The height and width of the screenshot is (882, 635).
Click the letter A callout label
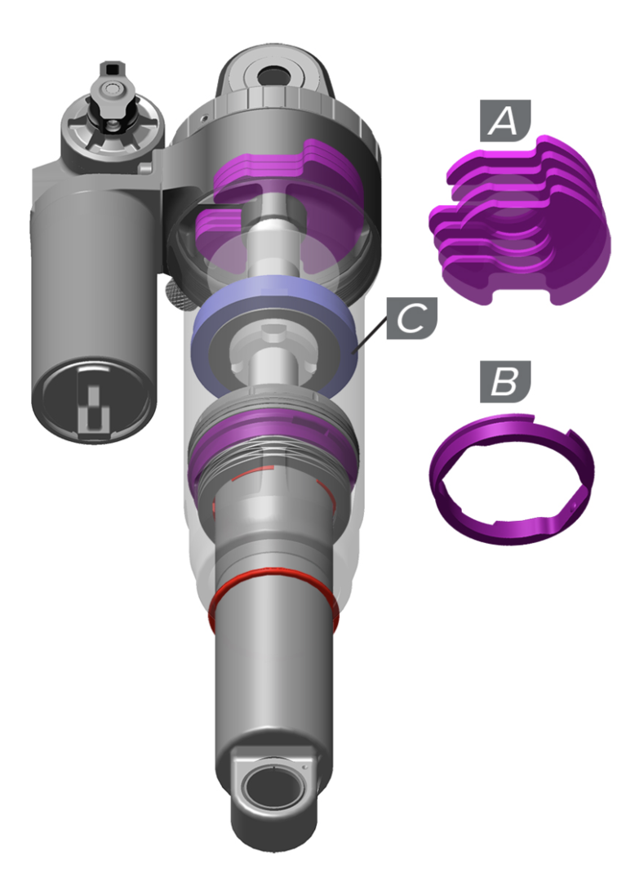[505, 120]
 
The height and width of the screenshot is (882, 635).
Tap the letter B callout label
[505, 381]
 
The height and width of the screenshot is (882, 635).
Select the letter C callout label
[412, 318]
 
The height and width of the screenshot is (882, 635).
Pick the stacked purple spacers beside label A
[520, 220]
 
